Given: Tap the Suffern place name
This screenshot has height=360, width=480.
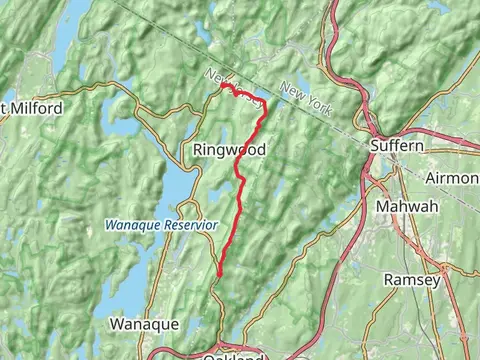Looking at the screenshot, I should (x=397, y=145).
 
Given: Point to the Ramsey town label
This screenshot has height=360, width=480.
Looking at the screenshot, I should (x=412, y=280).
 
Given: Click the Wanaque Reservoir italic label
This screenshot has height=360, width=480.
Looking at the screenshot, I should (x=161, y=226).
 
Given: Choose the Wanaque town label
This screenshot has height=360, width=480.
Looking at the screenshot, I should (x=143, y=325).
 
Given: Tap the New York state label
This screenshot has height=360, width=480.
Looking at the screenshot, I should (x=307, y=100).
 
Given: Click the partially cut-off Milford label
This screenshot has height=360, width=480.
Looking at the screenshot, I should (x=32, y=108).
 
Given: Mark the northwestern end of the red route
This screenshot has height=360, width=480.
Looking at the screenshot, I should (x=223, y=86).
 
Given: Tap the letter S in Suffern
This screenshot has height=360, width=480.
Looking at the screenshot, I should (x=374, y=145).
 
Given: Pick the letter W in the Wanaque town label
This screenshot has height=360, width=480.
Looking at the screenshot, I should (x=115, y=325).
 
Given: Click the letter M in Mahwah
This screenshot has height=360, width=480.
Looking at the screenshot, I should (x=382, y=207).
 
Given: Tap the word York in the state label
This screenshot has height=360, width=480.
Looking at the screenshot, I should (x=318, y=104).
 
